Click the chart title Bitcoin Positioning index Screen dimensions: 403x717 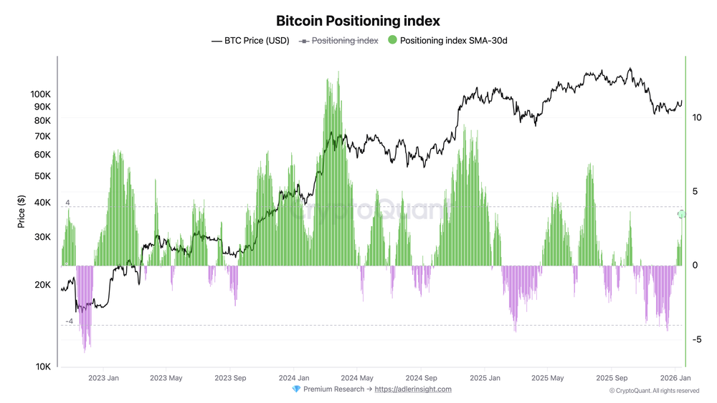358,21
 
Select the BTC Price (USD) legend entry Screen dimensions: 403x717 250,41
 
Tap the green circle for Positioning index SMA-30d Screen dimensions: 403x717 391,41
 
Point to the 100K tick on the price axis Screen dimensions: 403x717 40,94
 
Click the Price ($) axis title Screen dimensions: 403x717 22,213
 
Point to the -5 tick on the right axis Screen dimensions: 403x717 697,339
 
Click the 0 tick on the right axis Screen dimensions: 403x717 695,266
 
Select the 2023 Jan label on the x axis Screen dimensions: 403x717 103,377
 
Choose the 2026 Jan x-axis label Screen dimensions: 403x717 675,377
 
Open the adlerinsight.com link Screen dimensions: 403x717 413,389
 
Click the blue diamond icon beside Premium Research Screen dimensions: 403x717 296,389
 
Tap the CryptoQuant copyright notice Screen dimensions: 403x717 654,391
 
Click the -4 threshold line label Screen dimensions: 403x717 69,321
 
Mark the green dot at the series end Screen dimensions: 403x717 682,214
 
